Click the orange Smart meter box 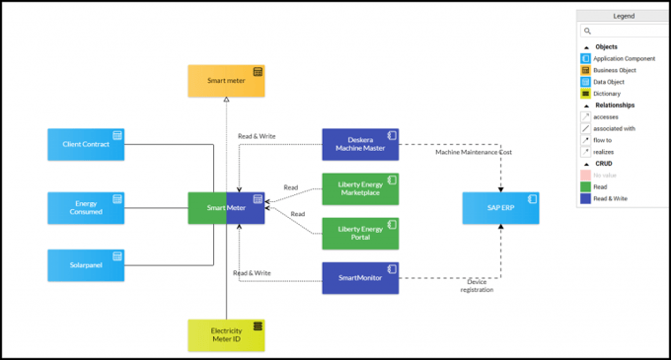[227, 80]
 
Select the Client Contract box [86, 144]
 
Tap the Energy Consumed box [86, 207]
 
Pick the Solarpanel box [86, 264]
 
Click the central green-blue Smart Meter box [226, 208]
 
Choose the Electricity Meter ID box [226, 334]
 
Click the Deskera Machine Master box [360, 145]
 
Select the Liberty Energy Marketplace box [360, 188]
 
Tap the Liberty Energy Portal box [360, 234]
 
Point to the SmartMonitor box [360, 278]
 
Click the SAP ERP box [500, 208]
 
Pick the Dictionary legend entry [608, 93]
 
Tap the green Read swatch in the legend [586, 186]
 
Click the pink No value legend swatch [586, 175]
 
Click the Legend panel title [624, 17]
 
